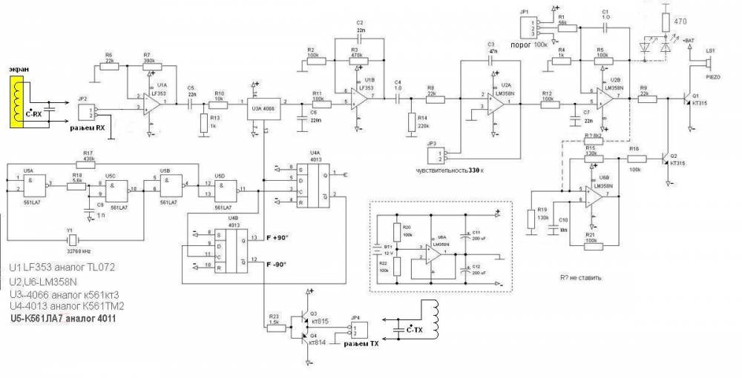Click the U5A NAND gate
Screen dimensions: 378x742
[x=32, y=184]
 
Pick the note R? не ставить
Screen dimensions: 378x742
[x=576, y=278]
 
